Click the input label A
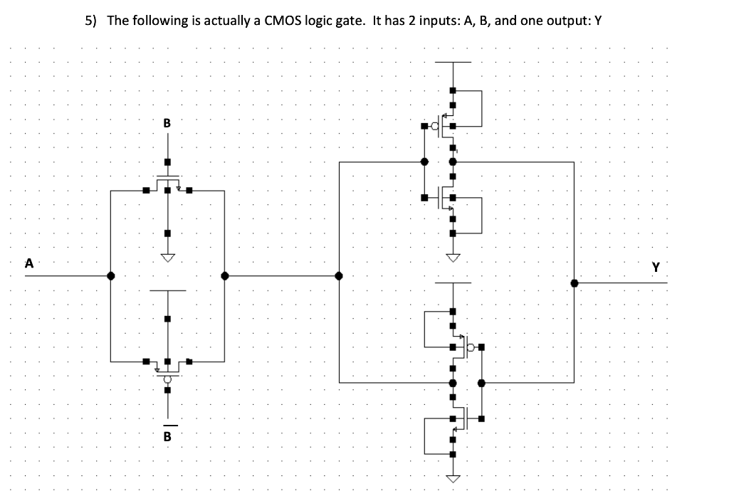click(x=29, y=263)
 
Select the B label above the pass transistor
click(x=167, y=122)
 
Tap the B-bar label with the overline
click(x=167, y=435)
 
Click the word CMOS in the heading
click(x=285, y=20)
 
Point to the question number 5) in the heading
click(x=90, y=20)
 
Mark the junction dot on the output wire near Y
click(x=575, y=283)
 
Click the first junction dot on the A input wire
click(x=111, y=276)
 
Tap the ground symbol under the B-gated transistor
click(x=167, y=257)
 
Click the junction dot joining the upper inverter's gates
click(x=424, y=162)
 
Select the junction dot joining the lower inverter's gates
click(x=481, y=383)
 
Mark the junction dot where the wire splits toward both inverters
click(x=340, y=276)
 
